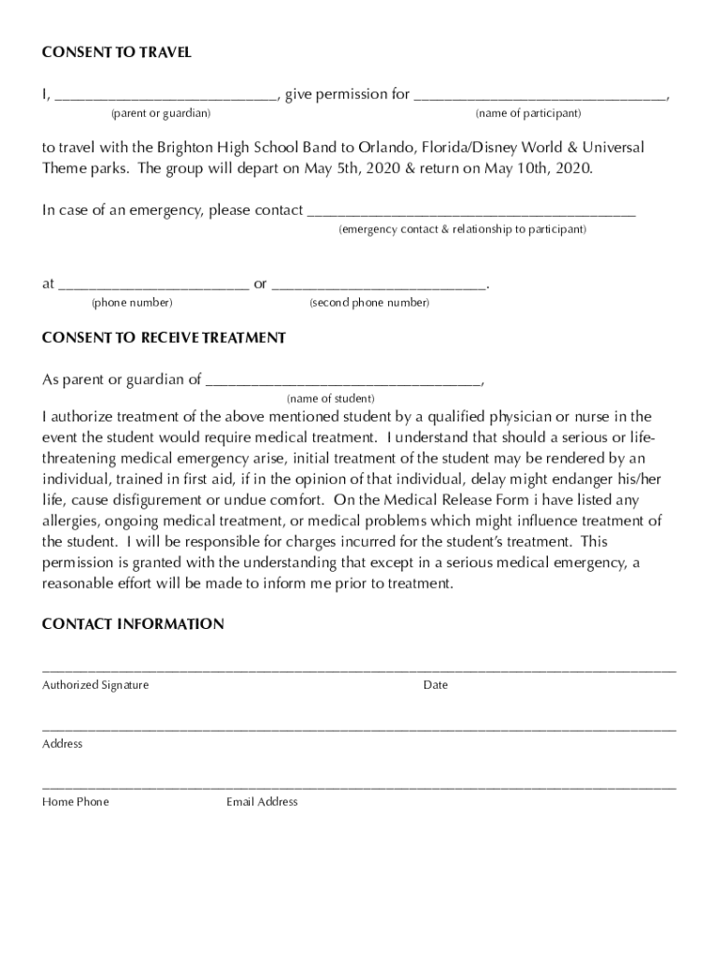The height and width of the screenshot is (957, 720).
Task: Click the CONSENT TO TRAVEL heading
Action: tap(117, 53)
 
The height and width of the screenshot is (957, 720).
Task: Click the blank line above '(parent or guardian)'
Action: tap(166, 96)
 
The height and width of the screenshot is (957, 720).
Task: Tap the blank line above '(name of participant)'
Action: tap(540, 96)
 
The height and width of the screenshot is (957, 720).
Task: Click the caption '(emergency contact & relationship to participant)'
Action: tap(462, 230)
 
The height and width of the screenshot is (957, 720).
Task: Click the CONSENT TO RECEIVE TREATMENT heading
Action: tap(164, 338)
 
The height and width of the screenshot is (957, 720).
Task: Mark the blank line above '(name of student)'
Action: tap(343, 382)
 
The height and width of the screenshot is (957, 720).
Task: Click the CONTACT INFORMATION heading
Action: tap(133, 624)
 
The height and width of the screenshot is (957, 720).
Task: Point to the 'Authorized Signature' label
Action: tap(95, 685)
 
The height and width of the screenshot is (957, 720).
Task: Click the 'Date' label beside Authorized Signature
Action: tap(435, 685)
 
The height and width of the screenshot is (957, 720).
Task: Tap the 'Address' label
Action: tap(63, 744)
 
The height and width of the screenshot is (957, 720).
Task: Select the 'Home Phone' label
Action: tap(76, 802)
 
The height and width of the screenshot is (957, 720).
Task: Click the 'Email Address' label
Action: tap(262, 802)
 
